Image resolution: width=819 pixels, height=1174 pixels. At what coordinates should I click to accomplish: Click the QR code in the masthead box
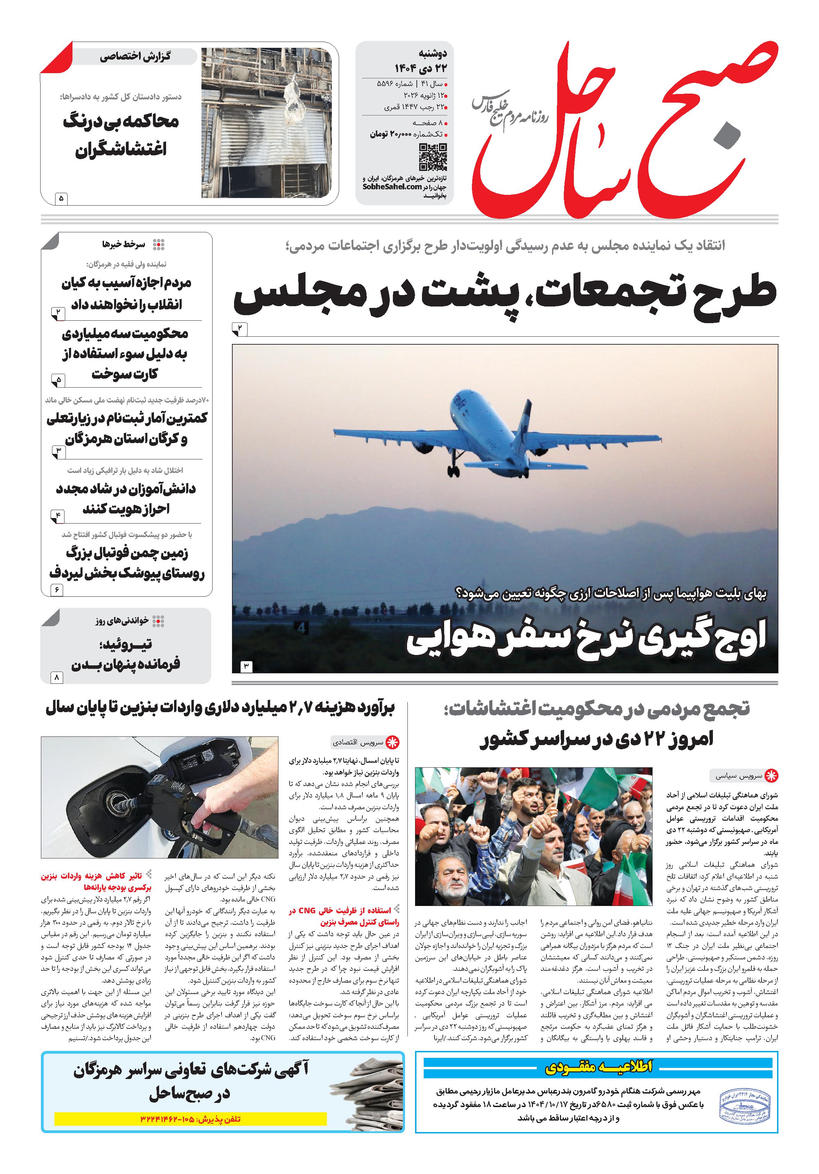point(432,157)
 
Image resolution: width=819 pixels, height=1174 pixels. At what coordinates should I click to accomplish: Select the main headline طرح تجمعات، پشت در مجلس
point(505,296)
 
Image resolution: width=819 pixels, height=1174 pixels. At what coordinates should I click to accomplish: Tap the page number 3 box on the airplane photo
point(245,666)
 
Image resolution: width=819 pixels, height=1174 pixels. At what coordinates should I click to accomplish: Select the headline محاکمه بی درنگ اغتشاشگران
point(121,136)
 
